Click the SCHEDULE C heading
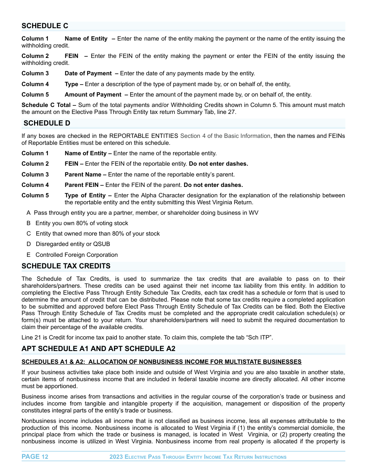point(45,26)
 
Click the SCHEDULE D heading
point(47,123)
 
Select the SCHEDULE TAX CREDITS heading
point(66,266)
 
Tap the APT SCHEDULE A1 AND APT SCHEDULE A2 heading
point(99,349)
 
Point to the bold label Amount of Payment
point(93,95)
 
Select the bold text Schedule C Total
point(46,105)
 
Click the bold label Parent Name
point(83,175)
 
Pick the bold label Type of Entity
point(85,195)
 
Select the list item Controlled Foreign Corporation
point(76,255)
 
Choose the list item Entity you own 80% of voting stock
point(82,223)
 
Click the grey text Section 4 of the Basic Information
point(225,136)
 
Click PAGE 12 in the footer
point(35,457)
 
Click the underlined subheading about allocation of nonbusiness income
point(161,362)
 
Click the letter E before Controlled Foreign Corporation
point(29,255)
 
